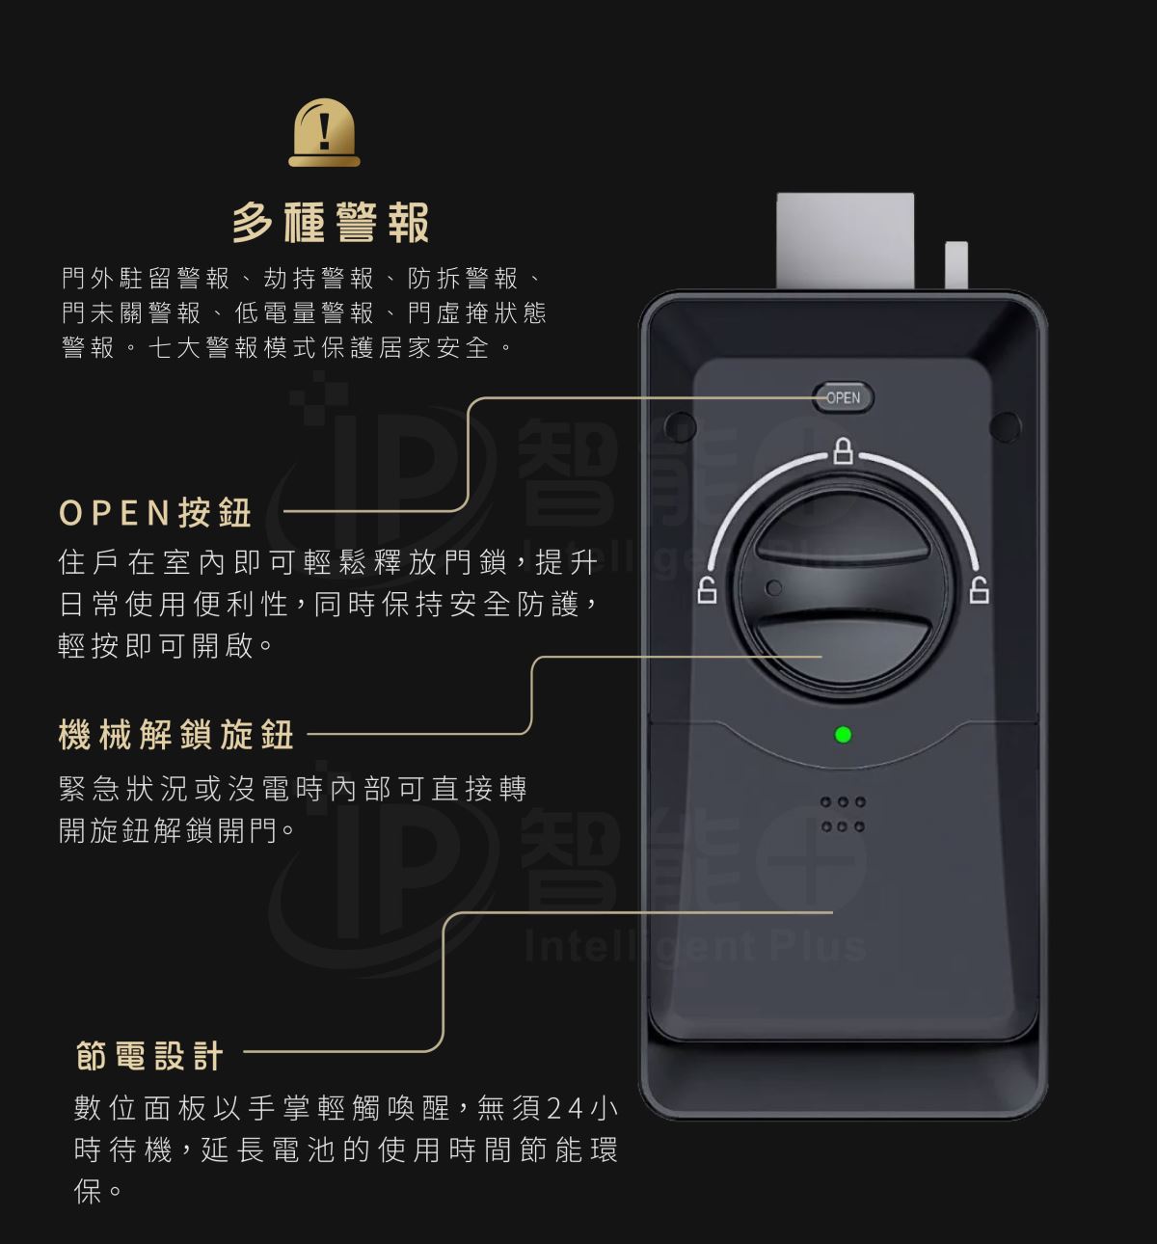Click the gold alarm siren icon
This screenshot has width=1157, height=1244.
pyautogui.click(x=324, y=132)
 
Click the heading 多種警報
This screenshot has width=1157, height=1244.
pyautogui.click(x=331, y=223)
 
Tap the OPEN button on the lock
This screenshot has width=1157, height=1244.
pyautogui.click(x=843, y=397)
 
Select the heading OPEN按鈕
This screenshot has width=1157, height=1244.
pyautogui.click(x=155, y=512)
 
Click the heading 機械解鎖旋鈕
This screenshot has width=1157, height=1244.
pyautogui.click(x=176, y=734)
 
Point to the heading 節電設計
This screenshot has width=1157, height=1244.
pyautogui.click(x=149, y=1055)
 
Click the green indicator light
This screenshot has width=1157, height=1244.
pyautogui.click(x=843, y=734)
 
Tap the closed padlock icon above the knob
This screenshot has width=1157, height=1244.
pyautogui.click(x=844, y=450)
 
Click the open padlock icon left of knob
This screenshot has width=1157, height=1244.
pyautogui.click(x=708, y=589)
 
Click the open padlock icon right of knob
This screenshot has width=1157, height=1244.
pyautogui.click(x=980, y=589)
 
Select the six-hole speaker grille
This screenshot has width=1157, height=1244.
pyautogui.click(x=843, y=814)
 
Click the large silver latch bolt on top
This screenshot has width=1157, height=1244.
pyautogui.click(x=845, y=241)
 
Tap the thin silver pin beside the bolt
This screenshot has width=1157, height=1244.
pyautogui.click(x=956, y=265)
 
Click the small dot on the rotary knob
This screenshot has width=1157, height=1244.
pyautogui.click(x=774, y=587)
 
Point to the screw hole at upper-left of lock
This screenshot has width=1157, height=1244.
pyautogui.click(x=680, y=427)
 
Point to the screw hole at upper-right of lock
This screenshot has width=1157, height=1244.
pyautogui.click(x=1006, y=427)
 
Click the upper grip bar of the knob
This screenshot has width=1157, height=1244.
pyautogui.click(x=843, y=552)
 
